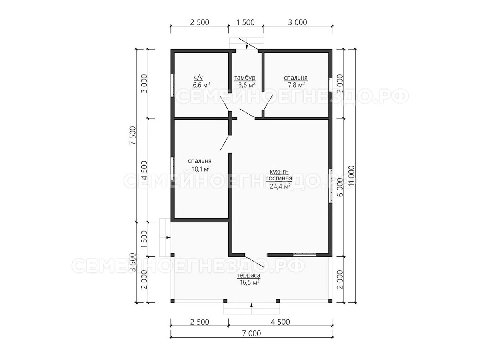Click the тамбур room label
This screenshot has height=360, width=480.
245,78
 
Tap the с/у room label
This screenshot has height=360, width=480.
198,77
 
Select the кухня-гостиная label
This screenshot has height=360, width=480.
279,175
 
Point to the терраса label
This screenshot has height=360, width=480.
249,276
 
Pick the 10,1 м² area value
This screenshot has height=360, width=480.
202,168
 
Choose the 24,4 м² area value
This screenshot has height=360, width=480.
280,186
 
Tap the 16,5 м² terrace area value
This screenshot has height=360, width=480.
250,282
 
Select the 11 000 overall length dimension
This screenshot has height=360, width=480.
352,176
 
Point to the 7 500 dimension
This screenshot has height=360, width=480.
133,136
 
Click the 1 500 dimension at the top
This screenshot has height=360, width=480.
246,22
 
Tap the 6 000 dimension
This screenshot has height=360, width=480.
340,187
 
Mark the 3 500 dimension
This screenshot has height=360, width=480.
133,262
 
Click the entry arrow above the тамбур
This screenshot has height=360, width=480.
247,46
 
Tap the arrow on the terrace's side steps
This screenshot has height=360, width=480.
168,237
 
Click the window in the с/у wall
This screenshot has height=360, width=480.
173,85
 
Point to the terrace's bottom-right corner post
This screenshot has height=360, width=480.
330,301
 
